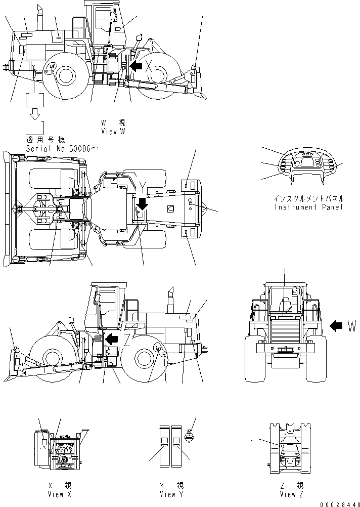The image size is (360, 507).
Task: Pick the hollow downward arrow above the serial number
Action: (35, 115)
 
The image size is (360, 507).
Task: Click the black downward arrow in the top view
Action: (143, 203)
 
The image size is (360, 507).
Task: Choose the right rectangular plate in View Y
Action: (176, 446)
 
